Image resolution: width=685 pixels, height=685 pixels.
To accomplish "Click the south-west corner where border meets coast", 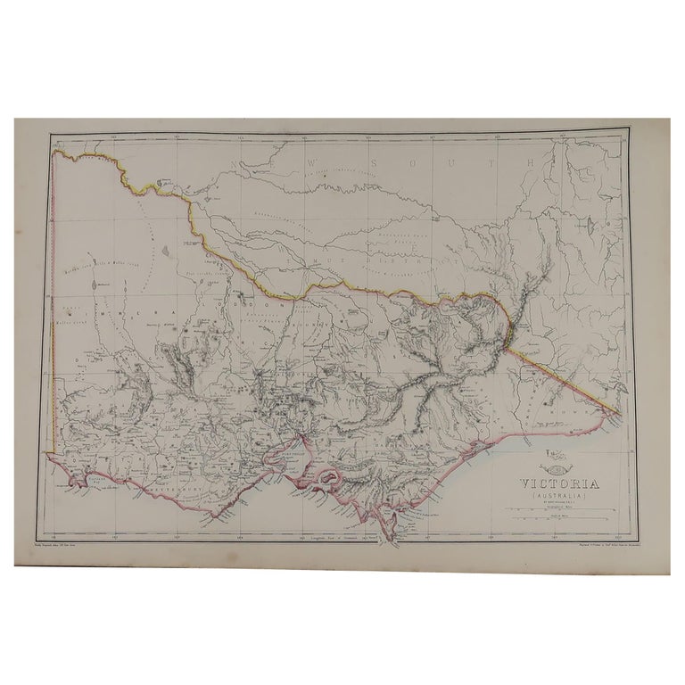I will click(x=54, y=458).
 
